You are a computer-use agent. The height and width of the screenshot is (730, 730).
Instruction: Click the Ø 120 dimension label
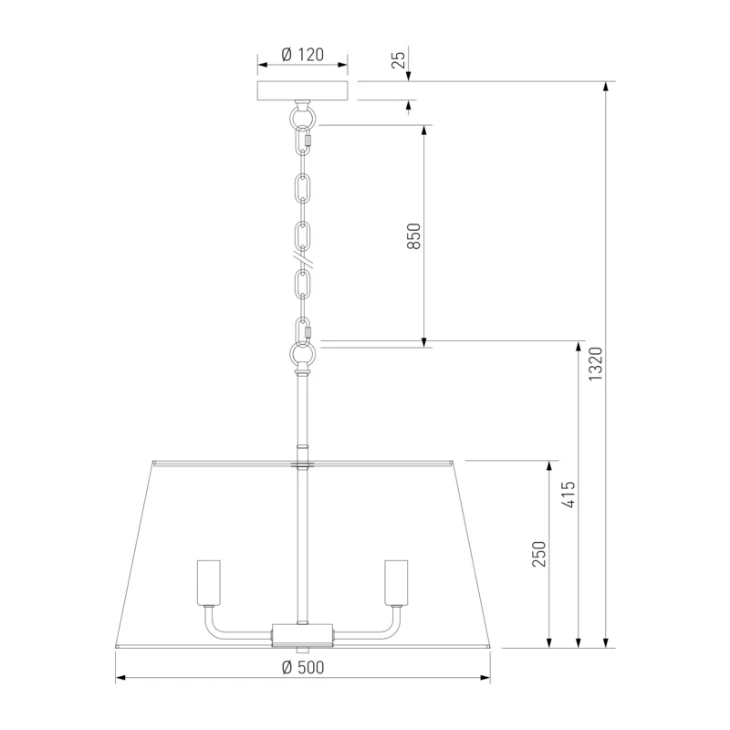(x=303, y=55)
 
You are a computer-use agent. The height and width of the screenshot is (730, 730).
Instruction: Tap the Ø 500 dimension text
(x=303, y=667)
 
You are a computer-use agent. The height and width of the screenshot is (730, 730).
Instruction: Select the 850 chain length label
(x=413, y=236)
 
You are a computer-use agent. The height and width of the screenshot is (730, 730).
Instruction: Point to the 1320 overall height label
(x=595, y=363)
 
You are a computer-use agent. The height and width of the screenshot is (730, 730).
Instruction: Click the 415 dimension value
(x=568, y=495)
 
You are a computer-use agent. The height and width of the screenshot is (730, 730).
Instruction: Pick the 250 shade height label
(x=539, y=554)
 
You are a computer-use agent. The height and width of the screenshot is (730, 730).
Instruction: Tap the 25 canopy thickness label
(x=399, y=60)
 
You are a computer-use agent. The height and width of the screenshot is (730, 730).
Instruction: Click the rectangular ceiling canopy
(x=303, y=90)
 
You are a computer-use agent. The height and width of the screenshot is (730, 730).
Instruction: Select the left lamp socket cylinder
(x=209, y=582)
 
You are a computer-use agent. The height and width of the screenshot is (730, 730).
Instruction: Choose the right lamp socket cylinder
(x=396, y=582)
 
